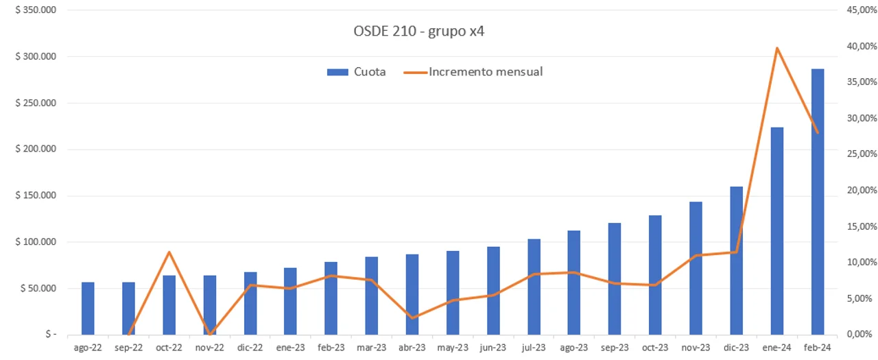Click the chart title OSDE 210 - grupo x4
click(419, 32)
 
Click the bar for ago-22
click(88, 308)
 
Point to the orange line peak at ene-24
click(776, 47)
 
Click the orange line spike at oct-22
click(169, 252)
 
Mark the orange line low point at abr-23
click(412, 317)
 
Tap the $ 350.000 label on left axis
click(36, 10)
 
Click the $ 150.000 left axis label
click(36, 195)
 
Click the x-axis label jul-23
click(533, 348)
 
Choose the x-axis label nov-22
click(209, 348)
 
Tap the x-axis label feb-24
click(817, 348)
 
